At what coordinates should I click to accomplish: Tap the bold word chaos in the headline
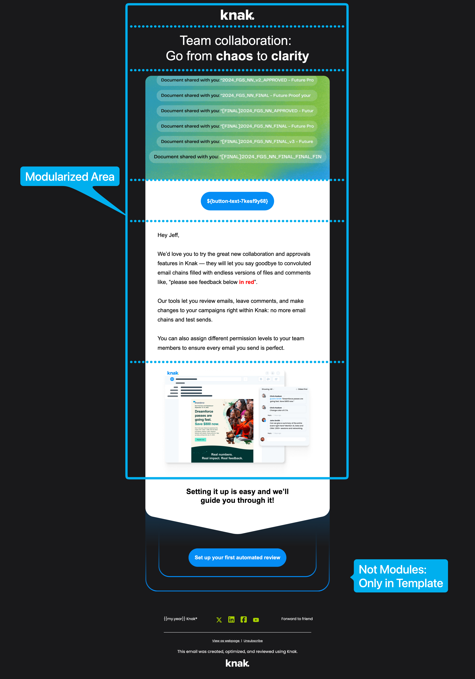click(234, 56)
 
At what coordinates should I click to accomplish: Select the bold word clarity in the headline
click(290, 56)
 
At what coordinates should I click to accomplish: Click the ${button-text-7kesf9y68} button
click(237, 201)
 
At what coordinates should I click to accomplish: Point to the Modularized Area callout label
click(70, 177)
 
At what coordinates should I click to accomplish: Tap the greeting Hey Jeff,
click(168, 235)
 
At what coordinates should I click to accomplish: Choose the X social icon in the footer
click(219, 620)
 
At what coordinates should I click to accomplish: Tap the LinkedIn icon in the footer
click(231, 620)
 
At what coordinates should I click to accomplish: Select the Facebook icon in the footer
click(244, 620)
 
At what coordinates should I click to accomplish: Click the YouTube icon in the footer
click(256, 620)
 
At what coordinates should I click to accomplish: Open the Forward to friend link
click(297, 619)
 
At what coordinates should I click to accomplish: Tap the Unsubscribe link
click(253, 641)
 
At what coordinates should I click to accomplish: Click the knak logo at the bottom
click(237, 663)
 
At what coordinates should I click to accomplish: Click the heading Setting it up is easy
click(237, 496)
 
